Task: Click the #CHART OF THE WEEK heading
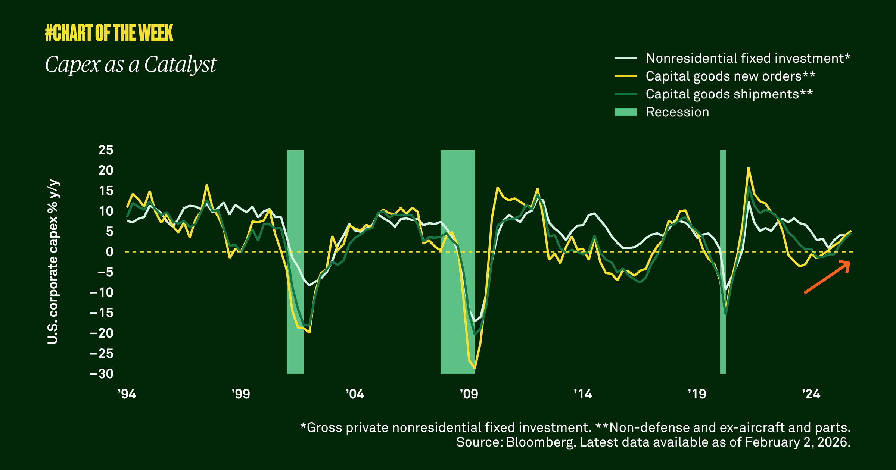(x=109, y=32)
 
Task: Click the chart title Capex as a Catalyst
(x=131, y=64)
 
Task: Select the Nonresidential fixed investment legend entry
(x=748, y=58)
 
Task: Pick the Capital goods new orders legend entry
(x=730, y=76)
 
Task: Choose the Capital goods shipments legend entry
(x=729, y=94)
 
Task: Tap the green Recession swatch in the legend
(x=625, y=112)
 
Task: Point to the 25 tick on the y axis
(x=106, y=150)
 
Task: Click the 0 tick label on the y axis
(x=109, y=252)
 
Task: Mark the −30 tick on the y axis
(x=101, y=374)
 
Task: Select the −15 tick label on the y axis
(x=101, y=313)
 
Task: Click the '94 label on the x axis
(x=127, y=394)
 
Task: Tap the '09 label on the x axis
(x=469, y=394)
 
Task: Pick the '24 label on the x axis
(x=811, y=394)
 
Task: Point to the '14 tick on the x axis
(x=583, y=394)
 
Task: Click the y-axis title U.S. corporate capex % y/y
(x=53, y=262)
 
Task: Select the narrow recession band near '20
(x=723, y=261)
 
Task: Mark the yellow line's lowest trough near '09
(x=475, y=368)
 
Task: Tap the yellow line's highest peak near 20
(x=749, y=168)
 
